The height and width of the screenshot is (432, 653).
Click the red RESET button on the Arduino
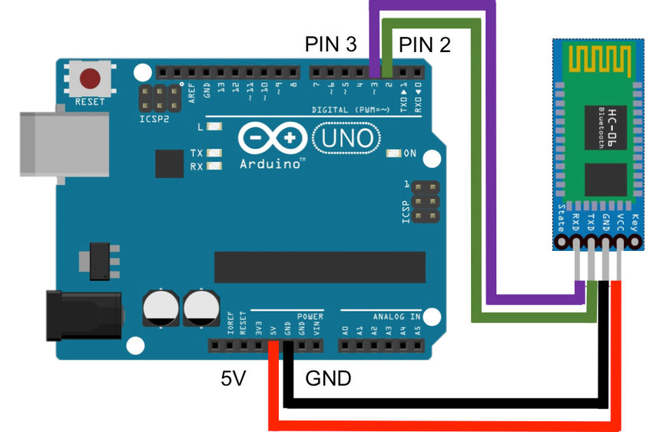[91, 78]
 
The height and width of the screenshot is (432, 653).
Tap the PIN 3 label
[331, 45]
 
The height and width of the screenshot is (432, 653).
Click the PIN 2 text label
[423, 45]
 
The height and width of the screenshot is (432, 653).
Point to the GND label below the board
[328, 378]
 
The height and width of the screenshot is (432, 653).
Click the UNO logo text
[347, 139]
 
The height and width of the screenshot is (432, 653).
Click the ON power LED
[395, 153]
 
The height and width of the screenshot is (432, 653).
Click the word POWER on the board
[310, 316]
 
